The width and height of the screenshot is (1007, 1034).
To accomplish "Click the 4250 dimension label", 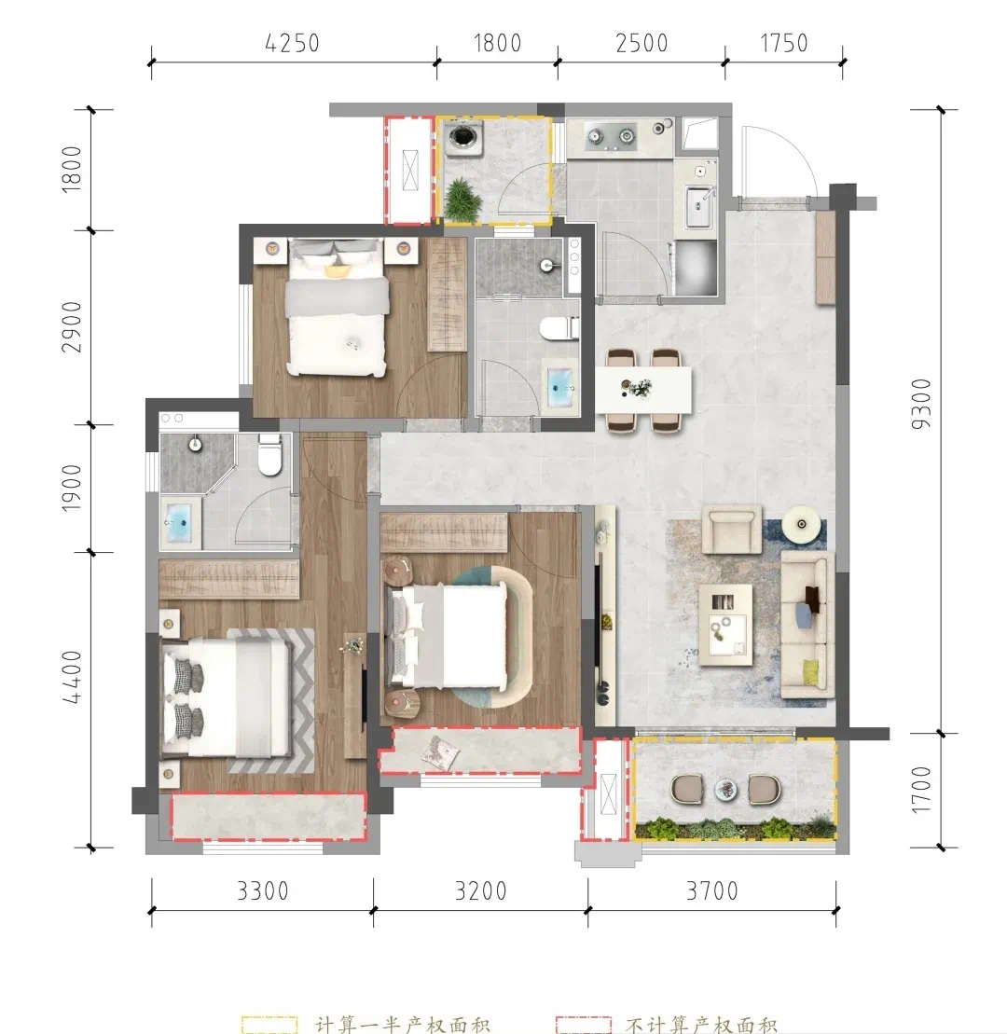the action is click(x=292, y=44).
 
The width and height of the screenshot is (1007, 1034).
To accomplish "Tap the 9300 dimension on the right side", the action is click(x=921, y=404).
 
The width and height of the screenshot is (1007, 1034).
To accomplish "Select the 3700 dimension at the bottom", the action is click(x=712, y=891).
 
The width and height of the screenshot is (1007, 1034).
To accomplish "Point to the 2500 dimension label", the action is click(x=641, y=44).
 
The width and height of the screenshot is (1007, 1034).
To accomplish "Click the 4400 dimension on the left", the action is click(x=72, y=677).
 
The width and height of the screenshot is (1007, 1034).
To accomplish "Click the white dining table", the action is click(x=643, y=390).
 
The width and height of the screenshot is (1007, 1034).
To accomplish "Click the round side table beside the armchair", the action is click(x=802, y=524).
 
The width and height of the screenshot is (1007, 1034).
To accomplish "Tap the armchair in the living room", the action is click(x=731, y=529).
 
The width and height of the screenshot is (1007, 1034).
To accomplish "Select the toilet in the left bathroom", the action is click(x=269, y=454).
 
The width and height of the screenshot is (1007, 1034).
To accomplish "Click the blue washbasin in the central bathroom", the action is click(x=561, y=385).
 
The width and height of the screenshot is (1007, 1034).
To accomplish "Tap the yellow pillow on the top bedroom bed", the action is click(x=337, y=270).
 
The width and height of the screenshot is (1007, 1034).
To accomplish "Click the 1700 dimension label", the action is click(x=921, y=790).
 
